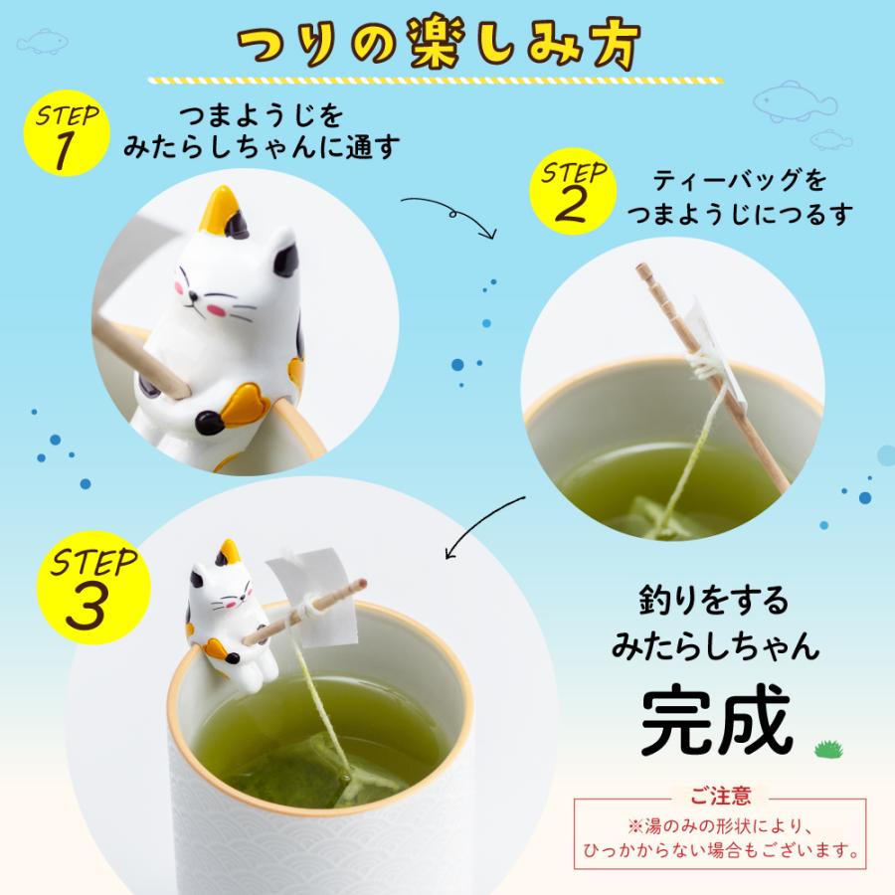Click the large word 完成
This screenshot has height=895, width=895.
(715, 718)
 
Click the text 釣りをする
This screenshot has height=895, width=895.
(714, 600)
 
